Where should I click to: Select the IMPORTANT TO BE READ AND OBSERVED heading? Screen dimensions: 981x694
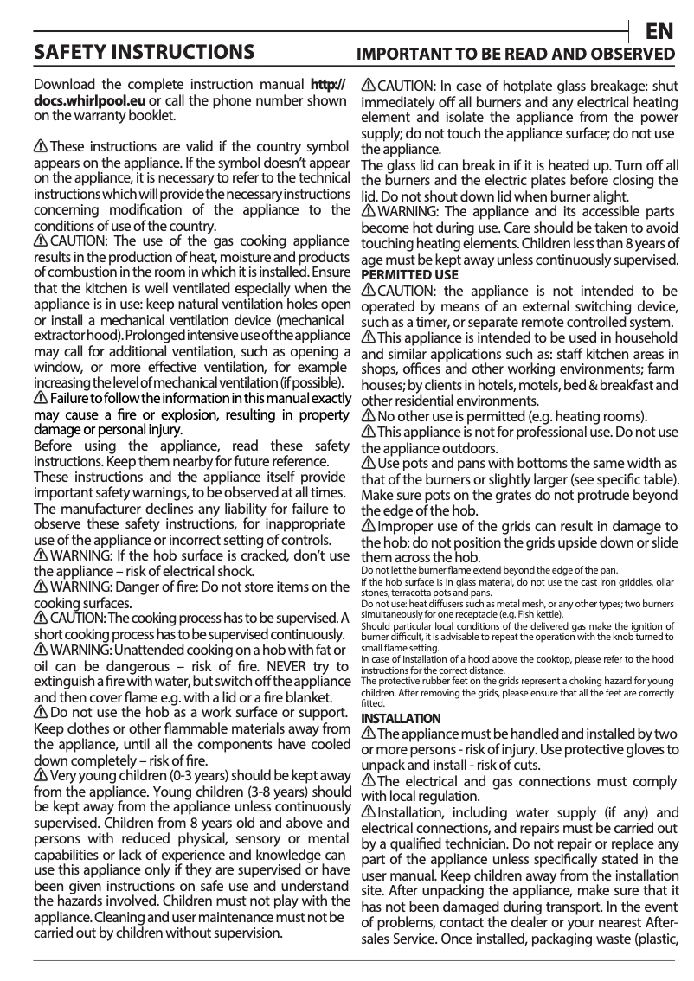pyautogui.click(x=517, y=54)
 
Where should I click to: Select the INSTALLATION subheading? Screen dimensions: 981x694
pyautogui.click(x=401, y=719)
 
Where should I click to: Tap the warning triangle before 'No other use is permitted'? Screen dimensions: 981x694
pyautogui.click(x=368, y=417)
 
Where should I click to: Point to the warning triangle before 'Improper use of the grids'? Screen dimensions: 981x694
pyautogui.click(x=368, y=527)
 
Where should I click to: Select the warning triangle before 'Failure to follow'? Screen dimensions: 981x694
pyautogui.click(x=41, y=398)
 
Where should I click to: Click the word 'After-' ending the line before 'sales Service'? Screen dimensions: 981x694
pyautogui.click(x=659, y=922)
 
